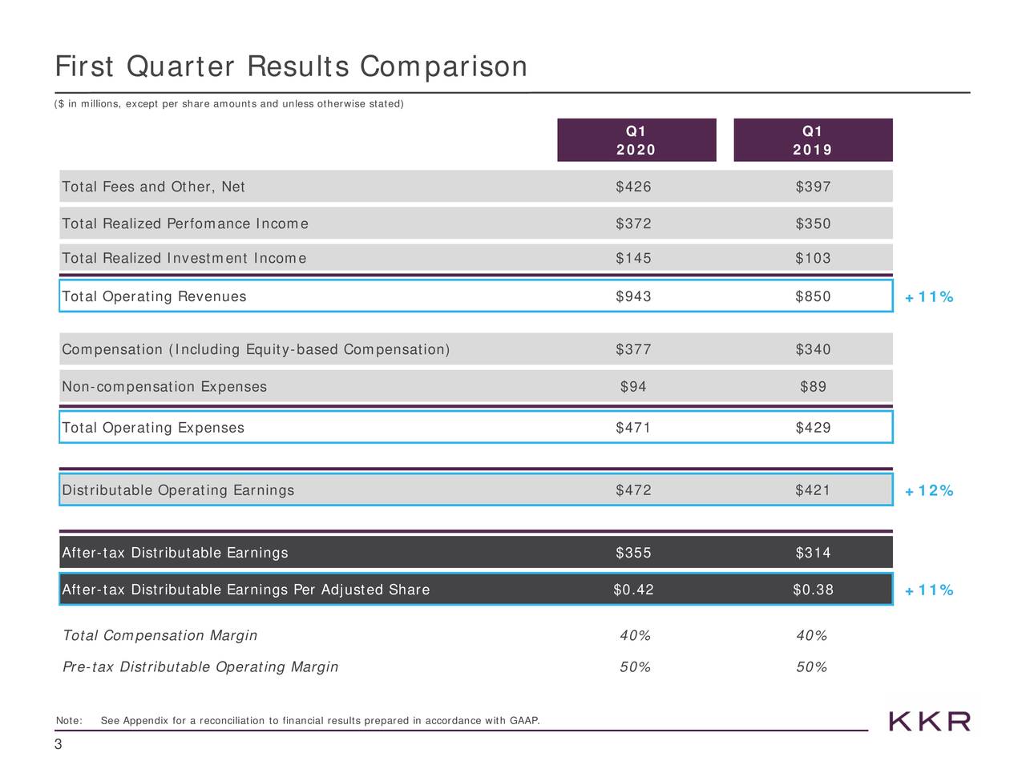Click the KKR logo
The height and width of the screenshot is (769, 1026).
tap(930, 721)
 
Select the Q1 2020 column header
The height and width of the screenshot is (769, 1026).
tap(636, 140)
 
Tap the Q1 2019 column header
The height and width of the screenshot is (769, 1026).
tap(812, 140)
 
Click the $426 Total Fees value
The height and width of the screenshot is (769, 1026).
tap(633, 187)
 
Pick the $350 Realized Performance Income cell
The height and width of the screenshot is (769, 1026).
tap(813, 223)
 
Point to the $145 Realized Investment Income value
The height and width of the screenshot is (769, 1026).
tap(633, 259)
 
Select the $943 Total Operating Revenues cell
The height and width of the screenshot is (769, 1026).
tap(633, 297)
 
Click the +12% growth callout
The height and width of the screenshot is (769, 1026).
tap(930, 491)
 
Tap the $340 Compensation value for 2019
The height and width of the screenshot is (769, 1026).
tap(813, 350)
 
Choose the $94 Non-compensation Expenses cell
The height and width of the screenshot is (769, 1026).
tap(633, 388)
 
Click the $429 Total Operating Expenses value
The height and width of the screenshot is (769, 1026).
tap(813, 428)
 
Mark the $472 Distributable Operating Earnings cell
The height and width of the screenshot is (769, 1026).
tap(633, 490)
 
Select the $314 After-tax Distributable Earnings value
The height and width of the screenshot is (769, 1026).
tap(813, 553)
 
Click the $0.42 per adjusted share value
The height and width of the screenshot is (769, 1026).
tap(633, 590)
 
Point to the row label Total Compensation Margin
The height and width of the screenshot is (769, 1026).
tap(160, 636)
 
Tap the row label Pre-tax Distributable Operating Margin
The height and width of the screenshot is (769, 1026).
tap(200, 667)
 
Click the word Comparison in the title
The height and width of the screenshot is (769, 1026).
tap(443, 67)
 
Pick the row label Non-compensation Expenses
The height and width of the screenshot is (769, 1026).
tap(164, 388)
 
